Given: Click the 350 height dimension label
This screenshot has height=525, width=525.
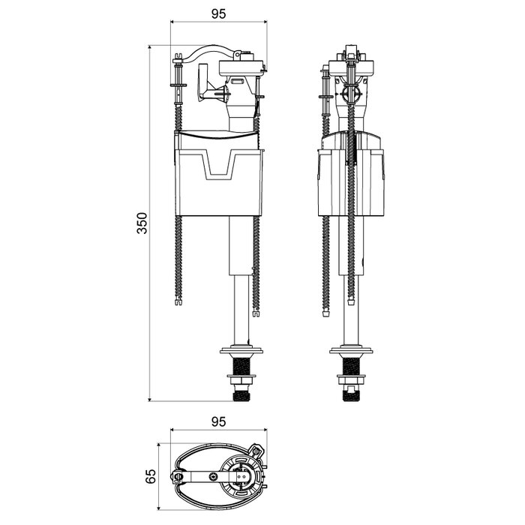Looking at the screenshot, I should click(x=143, y=223).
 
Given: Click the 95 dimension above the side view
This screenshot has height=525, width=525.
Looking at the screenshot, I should click(x=218, y=13).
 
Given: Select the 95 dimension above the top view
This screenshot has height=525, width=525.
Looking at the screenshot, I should click(x=218, y=422).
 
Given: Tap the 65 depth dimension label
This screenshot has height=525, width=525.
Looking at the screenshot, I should click(x=150, y=475).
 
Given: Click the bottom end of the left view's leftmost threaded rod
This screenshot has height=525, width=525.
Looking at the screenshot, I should click(x=177, y=304).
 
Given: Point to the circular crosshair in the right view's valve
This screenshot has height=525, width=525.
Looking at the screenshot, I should click(x=350, y=96).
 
